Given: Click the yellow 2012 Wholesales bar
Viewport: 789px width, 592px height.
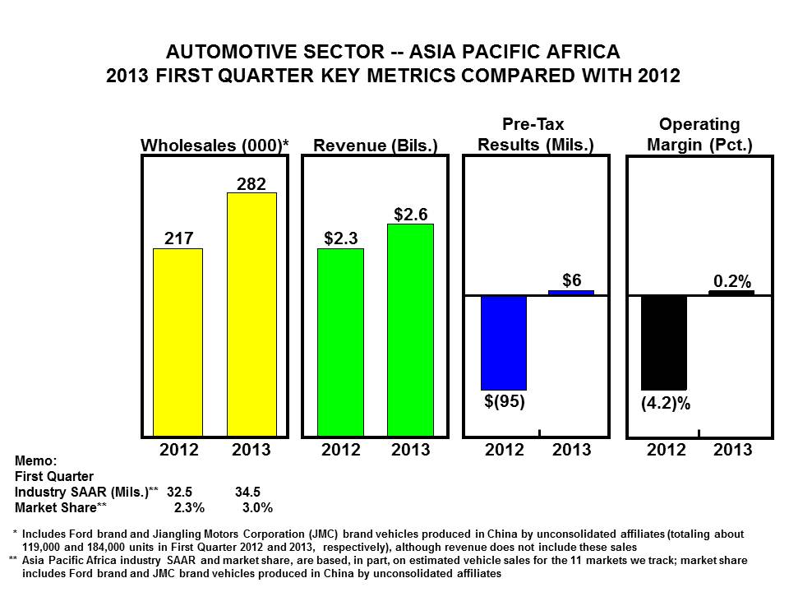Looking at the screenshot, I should pyautogui.click(x=178, y=342).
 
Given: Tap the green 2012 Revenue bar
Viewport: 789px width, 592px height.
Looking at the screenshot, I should pyautogui.click(x=340, y=342).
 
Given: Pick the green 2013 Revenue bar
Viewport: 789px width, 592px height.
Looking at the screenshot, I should pyautogui.click(x=410, y=330).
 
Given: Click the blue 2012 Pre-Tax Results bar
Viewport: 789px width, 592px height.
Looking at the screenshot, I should pyautogui.click(x=503, y=342).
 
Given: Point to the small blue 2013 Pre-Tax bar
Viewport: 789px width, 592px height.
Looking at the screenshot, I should pyautogui.click(x=571, y=292).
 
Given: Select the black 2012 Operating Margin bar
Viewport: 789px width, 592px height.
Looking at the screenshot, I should pyautogui.click(x=663, y=342).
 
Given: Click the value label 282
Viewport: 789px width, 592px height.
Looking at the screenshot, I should pyautogui.click(x=251, y=183).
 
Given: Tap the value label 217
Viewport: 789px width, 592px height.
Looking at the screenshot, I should pyautogui.click(x=178, y=238).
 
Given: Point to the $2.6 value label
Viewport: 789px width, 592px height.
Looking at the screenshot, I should pyautogui.click(x=410, y=214).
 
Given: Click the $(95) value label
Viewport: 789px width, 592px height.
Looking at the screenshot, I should pyautogui.click(x=504, y=402).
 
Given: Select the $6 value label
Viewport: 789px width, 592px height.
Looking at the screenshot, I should pyautogui.click(x=572, y=279).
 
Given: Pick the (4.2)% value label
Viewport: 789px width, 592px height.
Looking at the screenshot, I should pyautogui.click(x=665, y=404).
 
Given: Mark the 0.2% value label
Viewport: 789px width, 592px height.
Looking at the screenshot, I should pyautogui.click(x=732, y=281).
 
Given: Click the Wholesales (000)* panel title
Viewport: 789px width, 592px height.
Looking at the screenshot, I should pyautogui.click(x=215, y=146).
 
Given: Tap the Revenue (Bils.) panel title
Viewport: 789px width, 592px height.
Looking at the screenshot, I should pyautogui.click(x=376, y=146).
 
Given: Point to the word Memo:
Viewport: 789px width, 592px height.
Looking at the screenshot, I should pyautogui.click(x=35, y=462).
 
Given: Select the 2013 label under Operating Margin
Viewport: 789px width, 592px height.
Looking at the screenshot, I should pyautogui.click(x=732, y=451).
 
